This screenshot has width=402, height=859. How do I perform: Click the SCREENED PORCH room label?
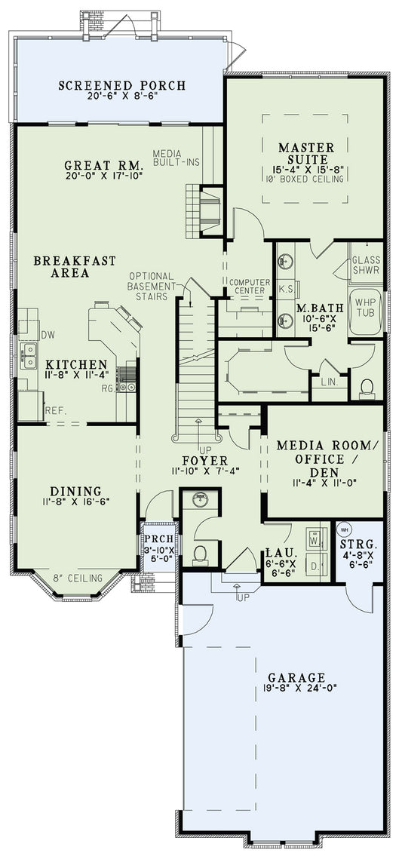[121, 85]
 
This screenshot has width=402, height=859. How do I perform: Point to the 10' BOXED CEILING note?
[303, 179]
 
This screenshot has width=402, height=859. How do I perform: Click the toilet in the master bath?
[367, 388]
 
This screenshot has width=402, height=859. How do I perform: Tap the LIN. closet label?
[330, 383]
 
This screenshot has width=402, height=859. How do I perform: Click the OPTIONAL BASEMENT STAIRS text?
[152, 287]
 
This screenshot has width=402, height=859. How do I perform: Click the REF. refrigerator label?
[55, 410]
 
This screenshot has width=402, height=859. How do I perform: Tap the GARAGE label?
[296, 677]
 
